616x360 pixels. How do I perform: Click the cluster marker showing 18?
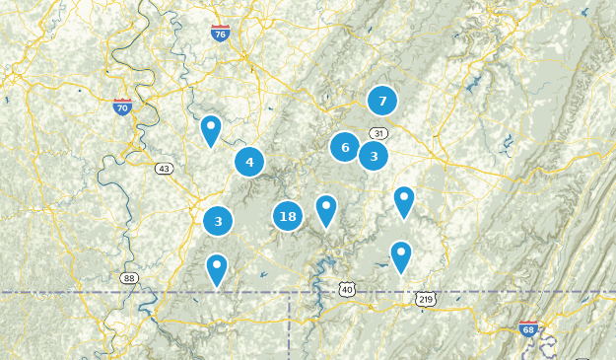point(288,216)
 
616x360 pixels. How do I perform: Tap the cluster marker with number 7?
point(382,101)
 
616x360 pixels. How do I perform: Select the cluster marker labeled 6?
point(345,148)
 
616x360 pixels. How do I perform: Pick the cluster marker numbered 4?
point(249,163)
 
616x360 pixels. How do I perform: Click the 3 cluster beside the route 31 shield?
point(374,156)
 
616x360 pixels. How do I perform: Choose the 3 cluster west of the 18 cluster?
point(218,221)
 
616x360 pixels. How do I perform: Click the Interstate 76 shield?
point(220,35)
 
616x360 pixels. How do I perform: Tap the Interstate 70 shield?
point(123,107)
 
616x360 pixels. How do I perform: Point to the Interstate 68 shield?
point(529,329)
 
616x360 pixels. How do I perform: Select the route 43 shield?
point(164,169)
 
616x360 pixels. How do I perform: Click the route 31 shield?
point(378,133)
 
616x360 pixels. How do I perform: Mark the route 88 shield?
point(130,278)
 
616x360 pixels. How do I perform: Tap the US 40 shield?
point(345,288)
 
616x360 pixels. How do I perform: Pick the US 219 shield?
point(425,298)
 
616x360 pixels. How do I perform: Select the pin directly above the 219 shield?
point(401,256)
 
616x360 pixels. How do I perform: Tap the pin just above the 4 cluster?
point(211,129)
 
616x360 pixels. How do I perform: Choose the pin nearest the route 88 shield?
point(217,268)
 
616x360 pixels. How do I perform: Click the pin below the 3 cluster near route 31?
point(404,200)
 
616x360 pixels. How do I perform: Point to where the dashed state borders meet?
point(289,293)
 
